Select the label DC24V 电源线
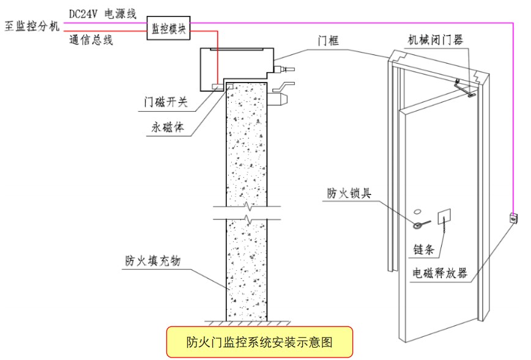coord(102,12)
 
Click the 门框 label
coord(328,42)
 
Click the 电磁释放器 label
coord(440,273)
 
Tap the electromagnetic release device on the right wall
coord(513,218)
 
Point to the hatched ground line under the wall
coord(245,322)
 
